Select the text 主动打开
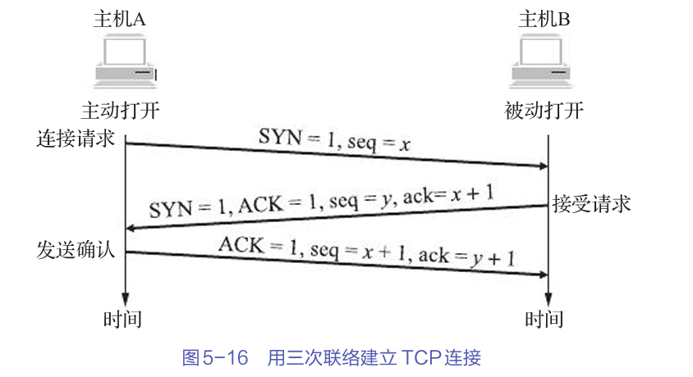click(x=119, y=111)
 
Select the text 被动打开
click(x=544, y=111)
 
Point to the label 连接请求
click(x=74, y=136)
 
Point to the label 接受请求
click(x=591, y=203)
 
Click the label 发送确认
click(x=74, y=249)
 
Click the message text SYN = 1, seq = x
click(x=334, y=140)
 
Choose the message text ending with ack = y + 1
click(x=367, y=250)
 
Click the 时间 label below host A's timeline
click(x=123, y=320)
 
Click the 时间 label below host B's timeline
click(x=544, y=320)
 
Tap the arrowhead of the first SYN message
click(x=543, y=166)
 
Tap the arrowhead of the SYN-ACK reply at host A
click(x=131, y=227)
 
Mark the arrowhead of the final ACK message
click(x=543, y=275)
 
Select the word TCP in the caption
click(x=419, y=358)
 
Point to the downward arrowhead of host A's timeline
click(x=125, y=300)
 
